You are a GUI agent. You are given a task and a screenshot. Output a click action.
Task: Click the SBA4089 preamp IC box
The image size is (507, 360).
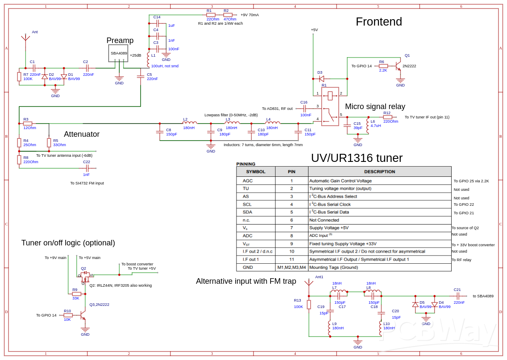[x=118, y=53]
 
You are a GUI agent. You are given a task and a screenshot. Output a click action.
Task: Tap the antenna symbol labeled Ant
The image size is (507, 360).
[x=26, y=38]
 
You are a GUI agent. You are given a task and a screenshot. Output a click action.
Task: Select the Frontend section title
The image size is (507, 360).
[x=379, y=22]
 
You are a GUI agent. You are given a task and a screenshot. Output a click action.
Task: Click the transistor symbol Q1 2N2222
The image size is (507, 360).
[x=398, y=66]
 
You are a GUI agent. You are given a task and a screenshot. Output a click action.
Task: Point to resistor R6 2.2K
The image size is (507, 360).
[x=383, y=66]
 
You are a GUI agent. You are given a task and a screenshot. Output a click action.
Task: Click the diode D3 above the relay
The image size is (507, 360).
[x=322, y=79]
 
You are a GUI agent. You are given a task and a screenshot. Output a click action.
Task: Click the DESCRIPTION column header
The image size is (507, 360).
[x=379, y=172]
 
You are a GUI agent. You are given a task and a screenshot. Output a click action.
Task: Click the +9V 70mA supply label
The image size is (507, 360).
[x=250, y=15]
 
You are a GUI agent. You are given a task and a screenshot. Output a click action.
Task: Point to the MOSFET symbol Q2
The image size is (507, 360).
[x=85, y=276]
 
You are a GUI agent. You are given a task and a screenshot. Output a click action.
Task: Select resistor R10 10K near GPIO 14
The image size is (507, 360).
[x=68, y=315]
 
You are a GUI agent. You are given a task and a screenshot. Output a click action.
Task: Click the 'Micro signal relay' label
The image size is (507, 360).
[x=375, y=107]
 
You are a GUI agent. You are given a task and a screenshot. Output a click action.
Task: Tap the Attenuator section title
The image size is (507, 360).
[x=81, y=134]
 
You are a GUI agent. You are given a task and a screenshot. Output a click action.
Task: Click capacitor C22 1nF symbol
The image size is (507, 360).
[x=87, y=168]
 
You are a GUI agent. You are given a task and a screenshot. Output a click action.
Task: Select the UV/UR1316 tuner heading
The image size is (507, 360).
[x=357, y=158]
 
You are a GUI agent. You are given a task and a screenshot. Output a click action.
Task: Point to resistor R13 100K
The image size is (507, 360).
[x=309, y=304]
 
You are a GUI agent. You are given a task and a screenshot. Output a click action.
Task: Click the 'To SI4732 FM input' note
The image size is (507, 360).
[x=87, y=183]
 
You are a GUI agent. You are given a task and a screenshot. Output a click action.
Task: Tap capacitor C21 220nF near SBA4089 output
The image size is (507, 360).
[x=458, y=296]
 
